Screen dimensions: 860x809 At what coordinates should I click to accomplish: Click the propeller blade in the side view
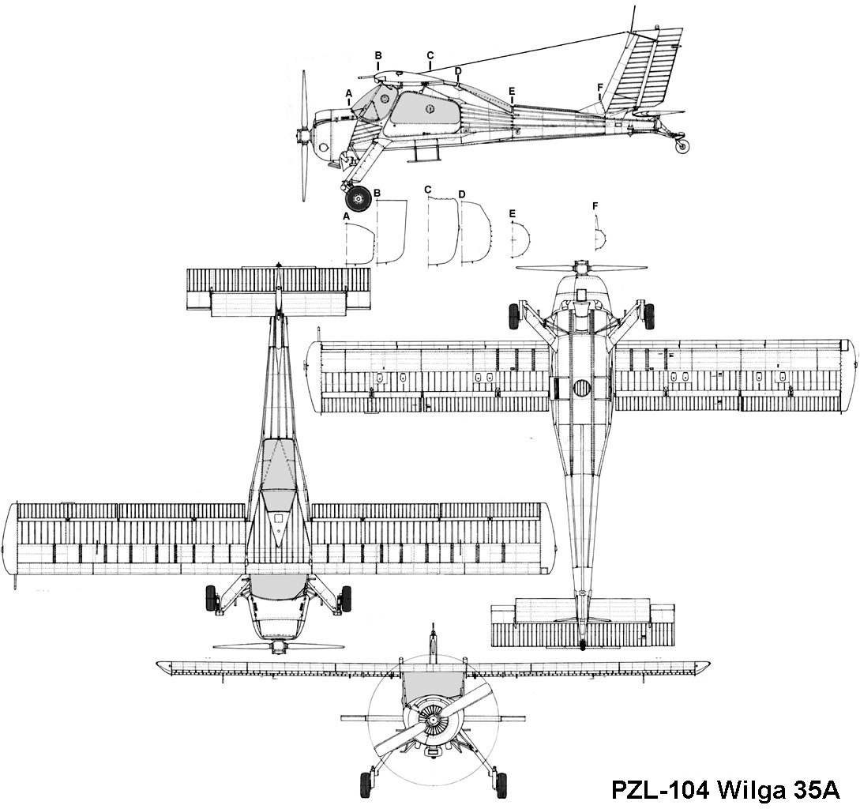(x=304, y=137)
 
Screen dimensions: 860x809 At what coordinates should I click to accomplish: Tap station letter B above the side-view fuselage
(x=378, y=55)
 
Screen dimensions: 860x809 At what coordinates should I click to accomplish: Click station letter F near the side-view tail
(x=600, y=87)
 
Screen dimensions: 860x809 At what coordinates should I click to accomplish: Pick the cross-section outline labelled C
(x=443, y=231)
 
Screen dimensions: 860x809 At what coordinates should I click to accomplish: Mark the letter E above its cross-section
(x=513, y=213)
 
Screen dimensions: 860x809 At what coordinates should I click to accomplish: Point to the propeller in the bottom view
(x=581, y=269)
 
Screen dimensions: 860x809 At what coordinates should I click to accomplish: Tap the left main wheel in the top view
(x=211, y=598)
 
